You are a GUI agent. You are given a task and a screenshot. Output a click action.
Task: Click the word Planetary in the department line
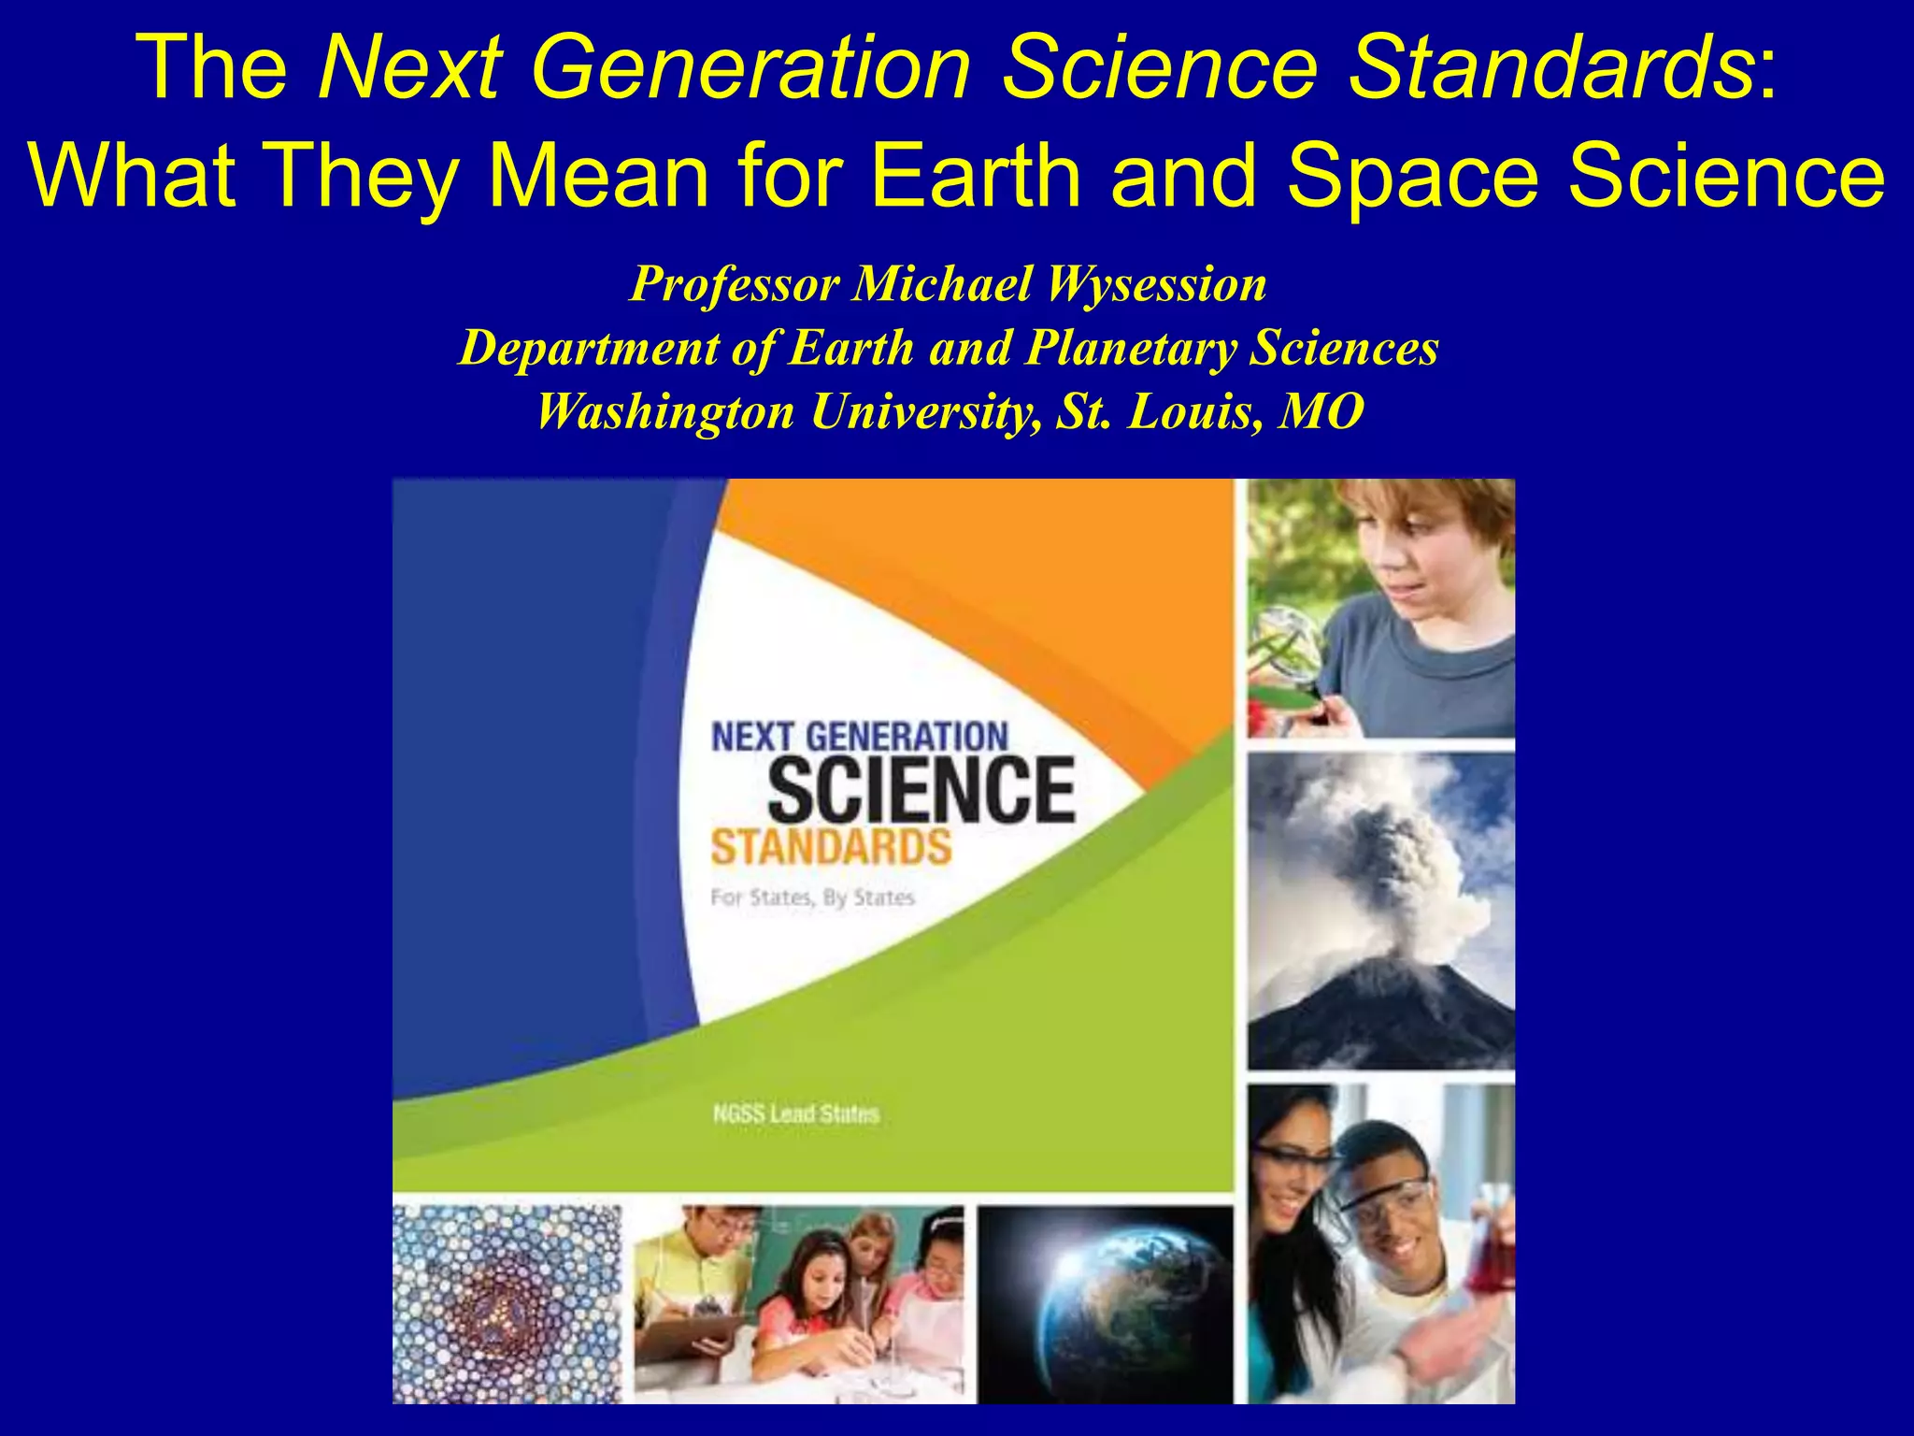pyautogui.click(x=1131, y=348)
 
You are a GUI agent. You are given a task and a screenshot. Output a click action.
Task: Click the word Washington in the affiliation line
pyautogui.click(x=664, y=411)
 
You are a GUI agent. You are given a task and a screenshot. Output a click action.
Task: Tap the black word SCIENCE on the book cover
pyautogui.click(x=921, y=791)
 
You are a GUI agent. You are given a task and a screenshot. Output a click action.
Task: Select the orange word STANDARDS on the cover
pyautogui.click(x=831, y=847)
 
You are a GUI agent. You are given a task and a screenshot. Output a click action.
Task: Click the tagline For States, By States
pyautogui.click(x=812, y=897)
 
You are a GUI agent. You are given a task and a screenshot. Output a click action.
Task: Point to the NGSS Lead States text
pyautogui.click(x=795, y=1113)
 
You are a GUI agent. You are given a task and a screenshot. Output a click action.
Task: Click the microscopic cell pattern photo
pyautogui.click(x=506, y=1304)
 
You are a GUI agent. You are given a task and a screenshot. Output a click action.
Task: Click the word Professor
pyautogui.click(x=734, y=284)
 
